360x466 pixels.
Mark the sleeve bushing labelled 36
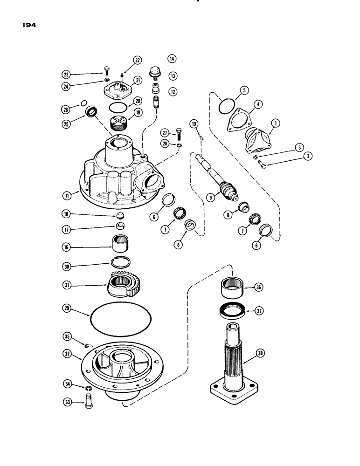point(232,288)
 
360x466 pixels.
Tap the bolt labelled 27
point(179,133)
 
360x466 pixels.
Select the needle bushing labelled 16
point(121,242)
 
